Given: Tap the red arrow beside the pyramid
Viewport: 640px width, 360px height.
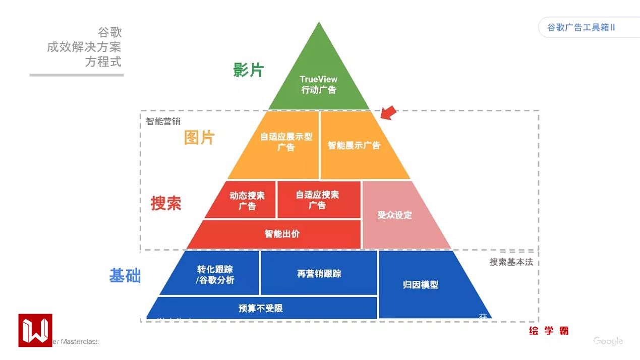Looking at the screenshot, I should coord(388,113).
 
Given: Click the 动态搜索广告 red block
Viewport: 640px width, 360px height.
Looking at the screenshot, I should coord(247,200).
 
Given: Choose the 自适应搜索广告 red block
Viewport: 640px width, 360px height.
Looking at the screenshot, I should coord(318,200).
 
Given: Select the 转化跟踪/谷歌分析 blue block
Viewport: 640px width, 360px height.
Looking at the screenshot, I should coord(214,274).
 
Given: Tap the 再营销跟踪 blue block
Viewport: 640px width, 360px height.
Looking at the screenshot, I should coord(319,274).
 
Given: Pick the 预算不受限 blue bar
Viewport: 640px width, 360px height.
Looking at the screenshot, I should coord(261,308).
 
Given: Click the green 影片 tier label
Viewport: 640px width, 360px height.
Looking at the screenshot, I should coord(248,70).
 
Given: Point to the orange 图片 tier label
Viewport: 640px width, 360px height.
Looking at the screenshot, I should coord(199,137).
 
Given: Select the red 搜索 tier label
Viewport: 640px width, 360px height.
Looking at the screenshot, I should coord(166,203).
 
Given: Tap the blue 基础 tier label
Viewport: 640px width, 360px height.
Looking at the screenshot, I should coord(125,276).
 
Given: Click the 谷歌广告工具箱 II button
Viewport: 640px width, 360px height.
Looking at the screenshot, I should coord(581,27).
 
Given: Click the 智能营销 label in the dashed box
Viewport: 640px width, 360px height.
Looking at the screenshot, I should coord(163,121).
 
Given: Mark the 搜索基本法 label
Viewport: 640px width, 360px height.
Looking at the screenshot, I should coord(511,262).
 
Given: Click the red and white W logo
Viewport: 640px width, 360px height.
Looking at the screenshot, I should coord(35,330).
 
